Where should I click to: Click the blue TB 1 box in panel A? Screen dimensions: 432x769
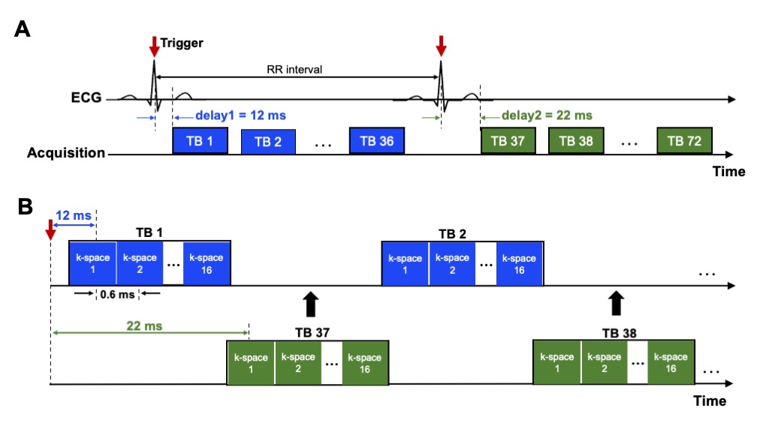point(200,141)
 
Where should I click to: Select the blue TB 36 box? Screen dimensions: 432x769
point(377,140)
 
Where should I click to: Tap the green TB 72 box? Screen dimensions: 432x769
point(684,140)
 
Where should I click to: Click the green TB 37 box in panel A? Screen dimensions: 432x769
point(508,140)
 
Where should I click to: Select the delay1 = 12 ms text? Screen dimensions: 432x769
point(240,116)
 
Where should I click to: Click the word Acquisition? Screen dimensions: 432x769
point(66,153)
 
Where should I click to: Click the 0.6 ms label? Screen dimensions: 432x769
point(116,295)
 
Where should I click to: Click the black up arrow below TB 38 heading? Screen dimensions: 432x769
point(617,303)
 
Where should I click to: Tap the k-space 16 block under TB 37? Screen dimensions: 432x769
point(365,364)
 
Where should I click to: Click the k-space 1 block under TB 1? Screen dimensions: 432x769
point(93,262)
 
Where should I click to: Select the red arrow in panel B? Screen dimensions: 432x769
point(50,229)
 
